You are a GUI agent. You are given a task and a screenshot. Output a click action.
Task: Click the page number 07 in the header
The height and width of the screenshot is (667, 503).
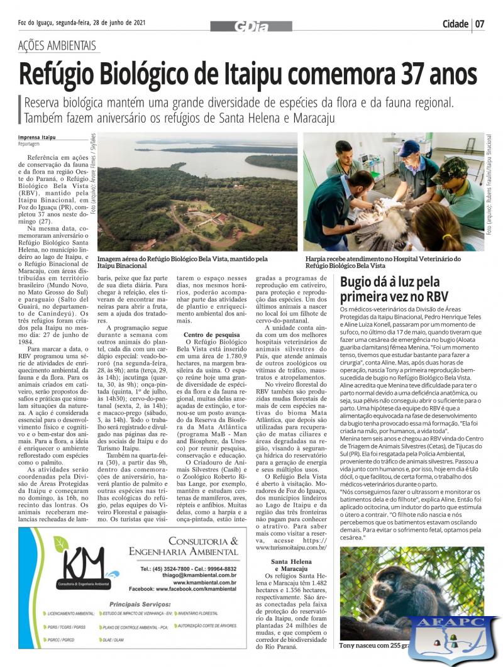click(480, 25)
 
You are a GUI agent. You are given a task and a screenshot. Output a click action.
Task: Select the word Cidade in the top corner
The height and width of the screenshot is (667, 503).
click(455, 25)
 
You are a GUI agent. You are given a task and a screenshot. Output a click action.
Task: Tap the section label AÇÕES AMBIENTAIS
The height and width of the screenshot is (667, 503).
click(57, 46)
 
